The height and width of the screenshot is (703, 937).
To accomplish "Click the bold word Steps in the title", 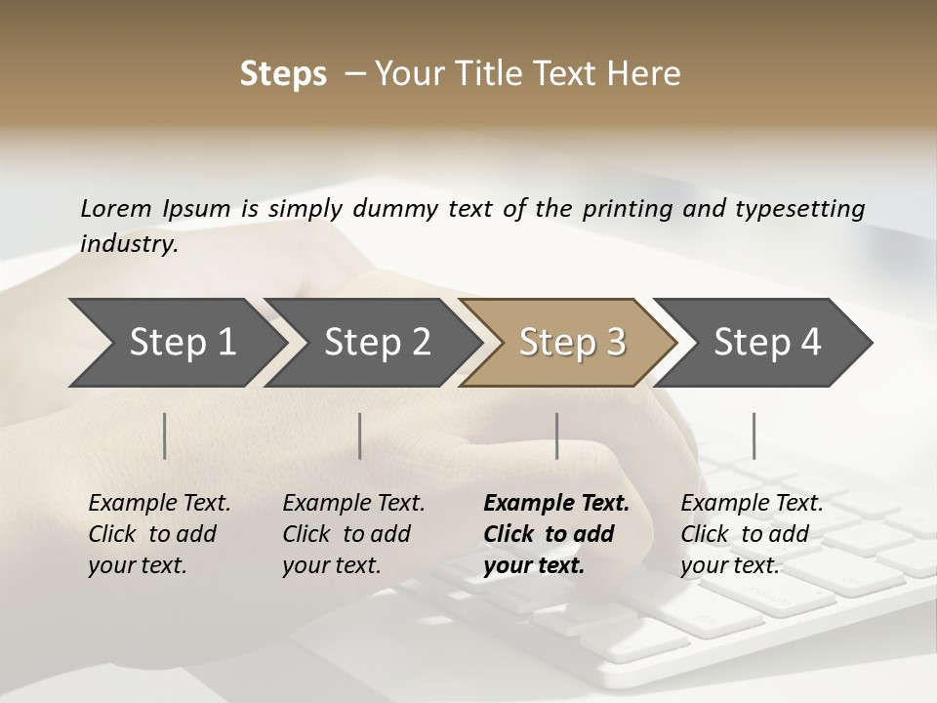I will pyautogui.click(x=283, y=74).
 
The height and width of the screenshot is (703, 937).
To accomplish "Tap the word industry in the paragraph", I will pyautogui.click(x=129, y=243).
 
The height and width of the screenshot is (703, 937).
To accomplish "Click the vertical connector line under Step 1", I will pyautogui.click(x=165, y=435).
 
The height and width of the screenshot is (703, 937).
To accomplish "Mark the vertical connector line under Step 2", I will pyautogui.click(x=360, y=435).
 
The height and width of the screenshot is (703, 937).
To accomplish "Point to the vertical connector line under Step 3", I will pyautogui.click(x=557, y=435).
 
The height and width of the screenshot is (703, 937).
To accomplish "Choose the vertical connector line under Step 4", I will pyautogui.click(x=754, y=435).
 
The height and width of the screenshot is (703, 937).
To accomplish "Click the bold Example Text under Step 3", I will pyautogui.click(x=556, y=504).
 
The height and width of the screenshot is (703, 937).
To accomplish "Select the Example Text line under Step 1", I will pyautogui.click(x=159, y=504).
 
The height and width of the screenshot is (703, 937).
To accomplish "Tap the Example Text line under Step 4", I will pyautogui.click(x=752, y=504).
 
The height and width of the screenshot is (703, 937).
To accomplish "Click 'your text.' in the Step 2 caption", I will pyautogui.click(x=331, y=565).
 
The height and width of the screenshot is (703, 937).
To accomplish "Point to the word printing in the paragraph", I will pyautogui.click(x=625, y=208).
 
